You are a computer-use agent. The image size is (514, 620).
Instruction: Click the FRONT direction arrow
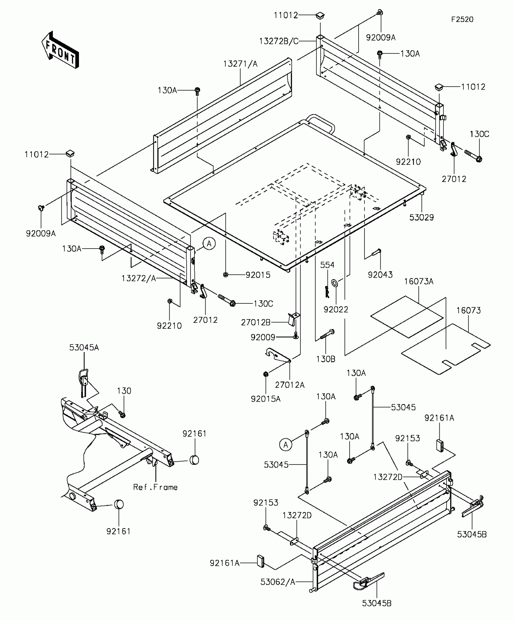(60, 51)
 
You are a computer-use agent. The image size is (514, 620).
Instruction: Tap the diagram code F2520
(462, 20)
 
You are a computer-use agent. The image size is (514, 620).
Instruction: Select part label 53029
(421, 217)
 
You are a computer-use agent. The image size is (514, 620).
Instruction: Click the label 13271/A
(240, 64)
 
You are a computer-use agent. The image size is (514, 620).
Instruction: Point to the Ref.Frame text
(155, 487)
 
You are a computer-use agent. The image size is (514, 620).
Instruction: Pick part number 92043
(380, 275)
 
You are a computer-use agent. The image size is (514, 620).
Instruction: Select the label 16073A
(419, 282)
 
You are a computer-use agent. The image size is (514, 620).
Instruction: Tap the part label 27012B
(255, 322)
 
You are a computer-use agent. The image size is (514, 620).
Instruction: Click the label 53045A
(84, 348)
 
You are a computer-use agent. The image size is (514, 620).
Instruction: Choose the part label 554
(327, 265)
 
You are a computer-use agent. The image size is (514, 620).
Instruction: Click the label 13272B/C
(279, 41)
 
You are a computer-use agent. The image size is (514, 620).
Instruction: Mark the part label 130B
(326, 359)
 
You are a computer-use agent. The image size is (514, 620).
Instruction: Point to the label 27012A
(290, 385)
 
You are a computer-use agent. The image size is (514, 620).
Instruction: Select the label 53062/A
(278, 582)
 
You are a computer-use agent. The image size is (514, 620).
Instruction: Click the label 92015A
(265, 399)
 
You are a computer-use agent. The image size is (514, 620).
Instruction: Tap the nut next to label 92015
(225, 275)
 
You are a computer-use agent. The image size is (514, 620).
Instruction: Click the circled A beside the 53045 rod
(285, 445)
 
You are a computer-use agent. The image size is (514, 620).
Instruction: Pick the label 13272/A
(139, 278)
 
